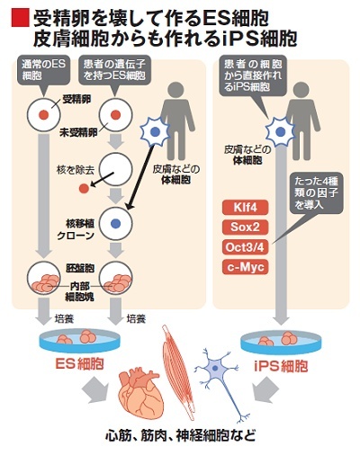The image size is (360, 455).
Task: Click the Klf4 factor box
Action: (x=245, y=208)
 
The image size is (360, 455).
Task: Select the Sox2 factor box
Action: (x=245, y=227)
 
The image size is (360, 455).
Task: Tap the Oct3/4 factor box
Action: (x=245, y=247)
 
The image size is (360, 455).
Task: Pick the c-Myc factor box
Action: (x=245, y=267)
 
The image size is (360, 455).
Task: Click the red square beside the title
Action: (x=21, y=18)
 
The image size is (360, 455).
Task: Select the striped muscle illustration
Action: (x=179, y=371)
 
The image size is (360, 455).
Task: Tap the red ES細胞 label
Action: (x=79, y=363)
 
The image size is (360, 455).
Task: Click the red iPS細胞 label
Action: (x=281, y=365)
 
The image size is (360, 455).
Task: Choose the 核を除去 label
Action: (x=76, y=170)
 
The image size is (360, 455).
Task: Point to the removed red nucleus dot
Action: (x=84, y=189)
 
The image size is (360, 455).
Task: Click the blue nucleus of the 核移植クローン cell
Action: (x=115, y=223)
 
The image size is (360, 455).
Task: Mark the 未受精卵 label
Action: (x=78, y=132)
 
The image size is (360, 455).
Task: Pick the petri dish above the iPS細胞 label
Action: (x=282, y=343)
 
